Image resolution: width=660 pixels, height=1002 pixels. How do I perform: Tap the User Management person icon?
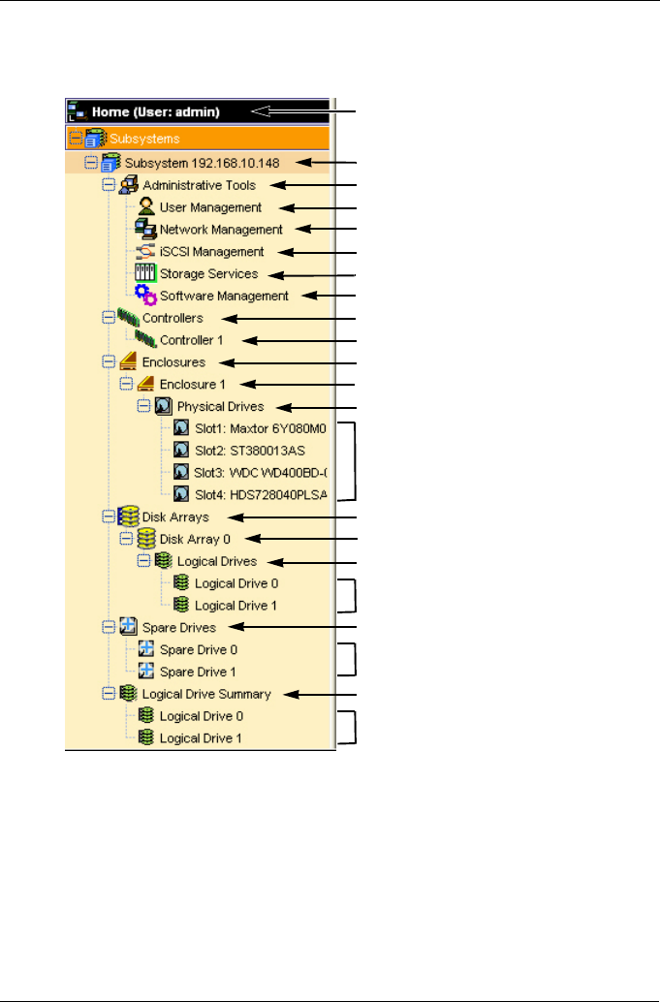click(x=146, y=206)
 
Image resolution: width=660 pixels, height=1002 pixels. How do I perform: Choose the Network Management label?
click(x=221, y=230)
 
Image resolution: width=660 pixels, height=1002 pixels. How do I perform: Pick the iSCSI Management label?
click(x=211, y=252)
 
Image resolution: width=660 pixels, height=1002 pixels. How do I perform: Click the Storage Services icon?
click(x=145, y=274)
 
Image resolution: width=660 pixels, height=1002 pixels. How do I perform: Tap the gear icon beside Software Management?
click(x=145, y=296)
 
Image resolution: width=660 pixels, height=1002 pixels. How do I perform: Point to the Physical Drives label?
click(x=220, y=407)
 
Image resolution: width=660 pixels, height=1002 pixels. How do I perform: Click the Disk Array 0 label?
click(x=196, y=540)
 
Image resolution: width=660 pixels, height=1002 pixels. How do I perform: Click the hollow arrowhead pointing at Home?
click(x=262, y=111)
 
